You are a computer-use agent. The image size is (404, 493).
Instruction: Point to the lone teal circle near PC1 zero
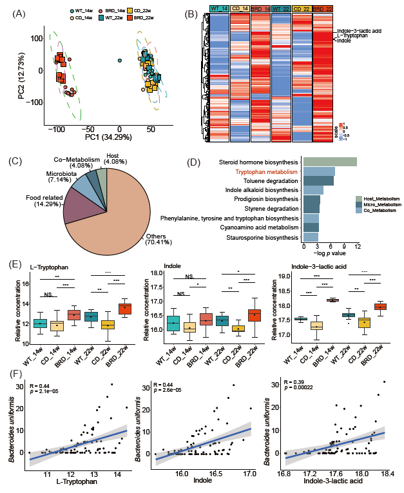coord(120,61)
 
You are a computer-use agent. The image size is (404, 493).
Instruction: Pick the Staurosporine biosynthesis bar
coord(311,238)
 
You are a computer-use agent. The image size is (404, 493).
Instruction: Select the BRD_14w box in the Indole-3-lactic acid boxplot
coord(333,300)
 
